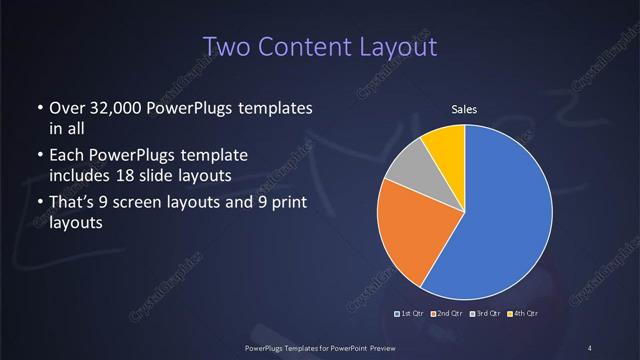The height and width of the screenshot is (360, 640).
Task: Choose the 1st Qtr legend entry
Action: [410, 314]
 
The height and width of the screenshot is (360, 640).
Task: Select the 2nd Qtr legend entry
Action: [446, 314]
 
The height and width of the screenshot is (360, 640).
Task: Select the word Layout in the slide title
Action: [395, 46]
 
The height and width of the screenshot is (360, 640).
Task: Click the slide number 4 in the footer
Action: [591, 347]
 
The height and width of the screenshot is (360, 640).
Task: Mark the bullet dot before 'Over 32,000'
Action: [39, 108]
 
